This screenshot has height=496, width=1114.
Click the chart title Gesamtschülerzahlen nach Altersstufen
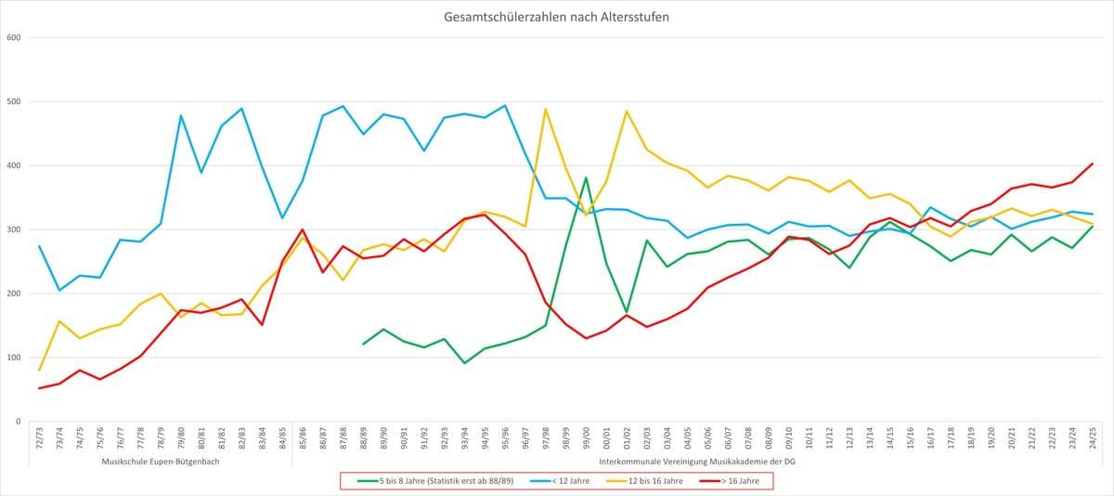pyautogui.click(x=557, y=18)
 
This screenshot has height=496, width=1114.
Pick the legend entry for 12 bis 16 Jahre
pyautogui.click(x=661, y=480)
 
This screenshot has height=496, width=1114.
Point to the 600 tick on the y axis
pyautogui.click(x=14, y=37)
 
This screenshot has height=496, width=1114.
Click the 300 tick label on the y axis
pyautogui.click(x=14, y=229)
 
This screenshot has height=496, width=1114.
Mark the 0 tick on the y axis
pyautogui.click(x=18, y=422)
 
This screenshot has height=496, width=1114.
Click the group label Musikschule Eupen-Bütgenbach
pyautogui.click(x=161, y=462)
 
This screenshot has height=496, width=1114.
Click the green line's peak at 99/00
pyautogui.click(x=586, y=177)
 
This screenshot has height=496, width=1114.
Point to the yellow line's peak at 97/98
pyautogui.click(x=545, y=110)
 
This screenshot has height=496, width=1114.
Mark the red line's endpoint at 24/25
pyautogui.click(x=1091, y=163)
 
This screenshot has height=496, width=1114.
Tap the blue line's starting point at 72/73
pyautogui.click(x=39, y=246)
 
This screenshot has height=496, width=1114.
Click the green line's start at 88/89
pyautogui.click(x=363, y=345)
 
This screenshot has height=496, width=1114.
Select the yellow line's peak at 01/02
pyautogui.click(x=627, y=111)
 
